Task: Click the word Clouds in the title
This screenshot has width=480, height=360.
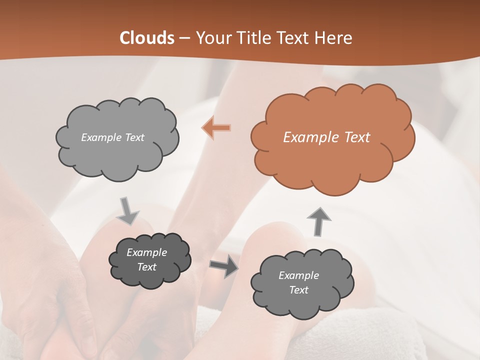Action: (x=147, y=38)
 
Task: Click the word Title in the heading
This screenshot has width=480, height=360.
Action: (x=253, y=38)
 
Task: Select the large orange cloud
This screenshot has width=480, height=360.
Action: (x=332, y=165)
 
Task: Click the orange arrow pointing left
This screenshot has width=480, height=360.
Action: (x=216, y=128)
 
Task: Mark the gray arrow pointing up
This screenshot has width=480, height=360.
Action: (x=318, y=221)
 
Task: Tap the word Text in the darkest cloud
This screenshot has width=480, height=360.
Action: (x=146, y=267)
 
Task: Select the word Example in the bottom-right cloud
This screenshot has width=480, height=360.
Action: (x=298, y=275)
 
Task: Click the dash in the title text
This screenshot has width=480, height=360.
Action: (x=184, y=38)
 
